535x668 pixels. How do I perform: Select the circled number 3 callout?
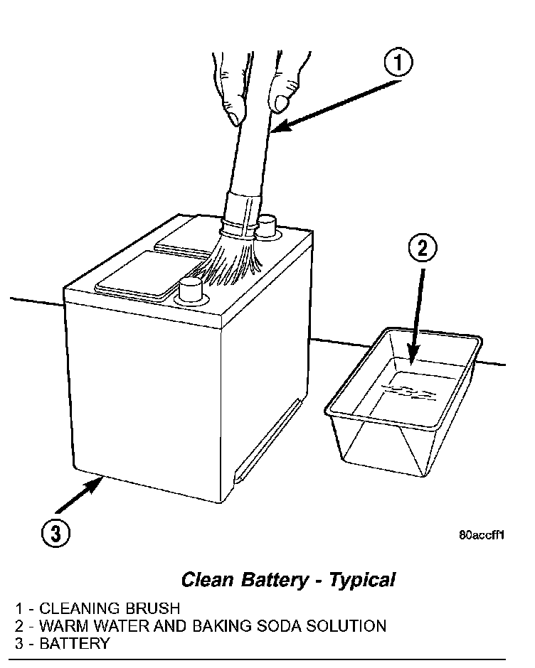[55, 533]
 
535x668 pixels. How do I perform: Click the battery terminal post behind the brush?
[266, 226]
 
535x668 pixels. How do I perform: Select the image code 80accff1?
[481, 537]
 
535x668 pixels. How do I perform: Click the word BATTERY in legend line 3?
[75, 644]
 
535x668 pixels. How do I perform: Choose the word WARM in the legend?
[63, 626]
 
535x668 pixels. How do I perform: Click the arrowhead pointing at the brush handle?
[279, 127]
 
